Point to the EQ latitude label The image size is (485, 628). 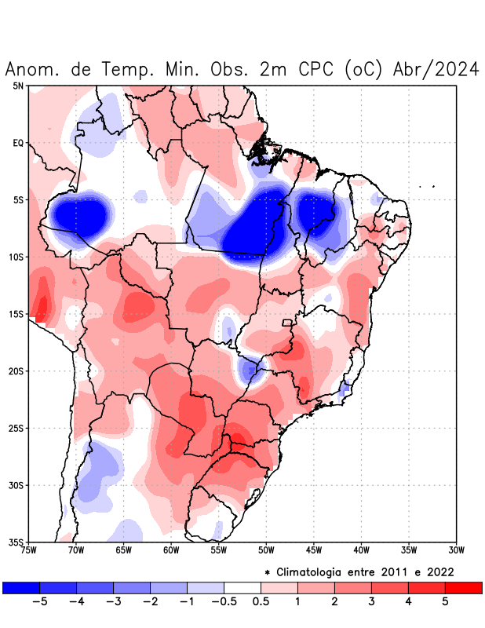18,143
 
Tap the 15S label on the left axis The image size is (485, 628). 16,314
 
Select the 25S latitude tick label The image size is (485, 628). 16,428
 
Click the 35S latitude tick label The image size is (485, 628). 16,542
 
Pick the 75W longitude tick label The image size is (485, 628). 28,549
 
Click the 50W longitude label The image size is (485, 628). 266,549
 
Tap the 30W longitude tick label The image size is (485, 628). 456,549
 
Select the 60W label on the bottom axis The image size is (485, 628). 171,549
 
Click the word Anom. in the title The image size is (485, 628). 32,69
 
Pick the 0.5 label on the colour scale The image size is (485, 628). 261,601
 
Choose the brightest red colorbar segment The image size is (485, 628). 463,587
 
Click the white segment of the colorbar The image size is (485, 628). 242,587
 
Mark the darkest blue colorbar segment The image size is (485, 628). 20,587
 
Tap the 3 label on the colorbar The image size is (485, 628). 371,601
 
